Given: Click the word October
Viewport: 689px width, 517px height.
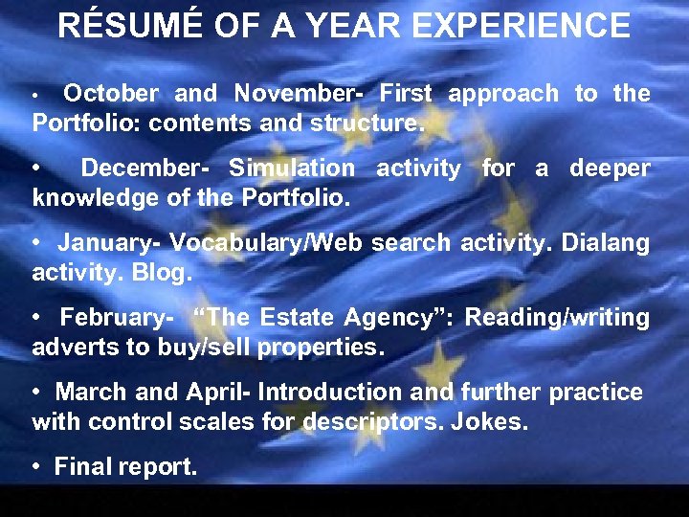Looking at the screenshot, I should tap(111, 94).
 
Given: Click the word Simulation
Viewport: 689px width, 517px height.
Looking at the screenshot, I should tap(292, 169).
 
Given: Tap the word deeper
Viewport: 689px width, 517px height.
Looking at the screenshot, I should tap(610, 169).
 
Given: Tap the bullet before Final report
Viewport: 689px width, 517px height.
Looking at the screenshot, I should tap(36, 468).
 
